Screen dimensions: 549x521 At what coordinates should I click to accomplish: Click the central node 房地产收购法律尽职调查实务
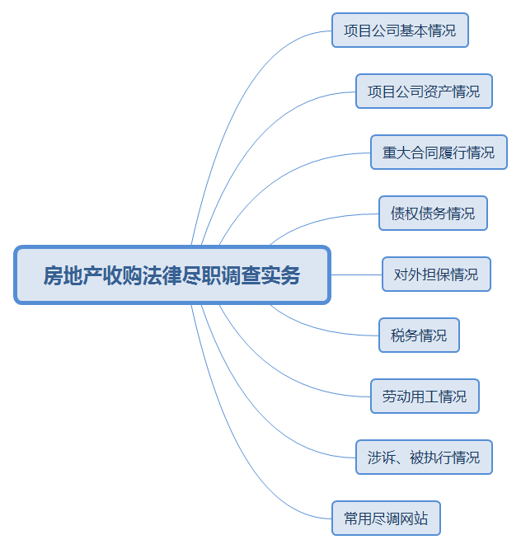pos(172,274)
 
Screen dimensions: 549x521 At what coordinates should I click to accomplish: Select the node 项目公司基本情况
pos(400,30)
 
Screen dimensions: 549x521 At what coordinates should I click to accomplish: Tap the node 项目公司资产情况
pos(424,91)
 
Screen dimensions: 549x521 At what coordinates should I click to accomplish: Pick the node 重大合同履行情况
pos(439,152)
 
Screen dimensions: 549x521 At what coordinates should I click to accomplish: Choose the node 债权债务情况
pos(433,213)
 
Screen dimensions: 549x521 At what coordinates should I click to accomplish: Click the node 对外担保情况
pos(436,274)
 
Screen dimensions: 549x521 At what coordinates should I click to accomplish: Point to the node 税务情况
pos(419,335)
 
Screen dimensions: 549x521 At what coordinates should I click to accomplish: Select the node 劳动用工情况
pos(425,396)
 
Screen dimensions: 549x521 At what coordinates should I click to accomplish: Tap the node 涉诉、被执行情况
pos(424,457)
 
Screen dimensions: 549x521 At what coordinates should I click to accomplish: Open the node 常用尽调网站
pos(386,518)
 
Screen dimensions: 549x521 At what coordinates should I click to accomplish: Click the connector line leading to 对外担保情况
pos(356,274)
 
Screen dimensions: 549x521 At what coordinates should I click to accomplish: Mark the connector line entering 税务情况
pos(330,330)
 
